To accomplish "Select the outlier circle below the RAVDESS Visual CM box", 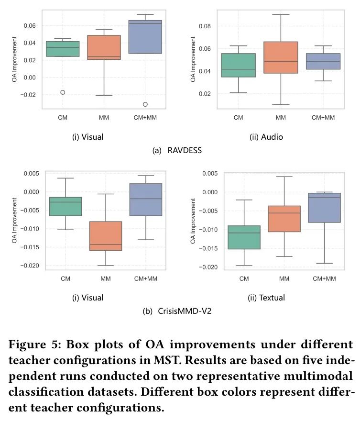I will click(63, 92).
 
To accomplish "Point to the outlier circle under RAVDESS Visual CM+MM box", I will click(145, 104).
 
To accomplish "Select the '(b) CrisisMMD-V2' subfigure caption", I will click(177, 311).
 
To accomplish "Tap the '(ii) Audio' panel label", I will click(266, 137).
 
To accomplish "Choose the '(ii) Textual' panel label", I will click(266, 298).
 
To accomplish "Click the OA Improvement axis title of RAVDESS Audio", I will click(194, 58).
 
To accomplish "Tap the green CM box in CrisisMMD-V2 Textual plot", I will click(244, 237).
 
